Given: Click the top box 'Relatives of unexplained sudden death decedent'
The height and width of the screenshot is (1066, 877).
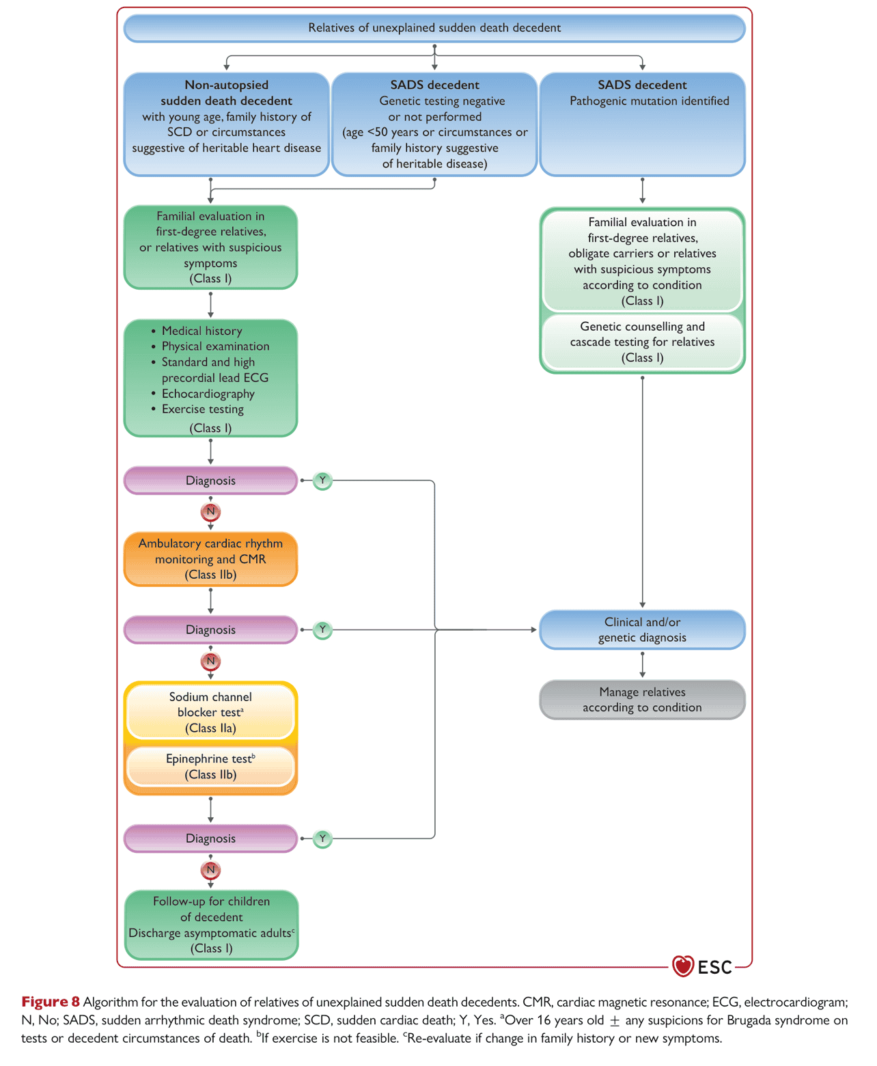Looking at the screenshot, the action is click(x=434, y=28).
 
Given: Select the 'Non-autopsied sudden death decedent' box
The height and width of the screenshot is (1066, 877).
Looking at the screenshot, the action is click(x=226, y=124).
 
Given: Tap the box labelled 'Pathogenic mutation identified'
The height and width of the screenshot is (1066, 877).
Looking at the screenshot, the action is click(x=642, y=124).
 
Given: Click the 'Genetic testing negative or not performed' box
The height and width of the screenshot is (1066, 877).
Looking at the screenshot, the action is click(x=434, y=124).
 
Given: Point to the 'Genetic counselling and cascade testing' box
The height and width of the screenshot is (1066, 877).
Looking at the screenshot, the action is click(x=642, y=342).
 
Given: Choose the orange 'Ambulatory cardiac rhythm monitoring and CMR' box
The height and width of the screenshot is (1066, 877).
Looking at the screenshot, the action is click(x=210, y=558).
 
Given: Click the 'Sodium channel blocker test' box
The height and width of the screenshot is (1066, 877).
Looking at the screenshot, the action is click(x=210, y=711).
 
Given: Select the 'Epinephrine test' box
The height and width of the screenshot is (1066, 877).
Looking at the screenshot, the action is click(x=210, y=766).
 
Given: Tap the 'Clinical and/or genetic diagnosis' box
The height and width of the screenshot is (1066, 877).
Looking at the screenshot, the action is click(x=642, y=629).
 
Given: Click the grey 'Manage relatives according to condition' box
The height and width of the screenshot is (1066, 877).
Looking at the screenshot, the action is click(x=642, y=699).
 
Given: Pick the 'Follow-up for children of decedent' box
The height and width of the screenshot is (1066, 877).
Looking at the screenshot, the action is click(x=211, y=925).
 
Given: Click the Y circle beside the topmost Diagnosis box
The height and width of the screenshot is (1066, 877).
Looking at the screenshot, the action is click(x=322, y=480).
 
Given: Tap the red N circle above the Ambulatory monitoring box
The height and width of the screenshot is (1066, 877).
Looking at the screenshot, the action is click(x=210, y=512).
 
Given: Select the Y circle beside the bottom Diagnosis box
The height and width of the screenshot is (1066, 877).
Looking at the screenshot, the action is click(x=322, y=838).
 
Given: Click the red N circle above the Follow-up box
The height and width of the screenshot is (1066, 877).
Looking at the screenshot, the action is click(x=210, y=870).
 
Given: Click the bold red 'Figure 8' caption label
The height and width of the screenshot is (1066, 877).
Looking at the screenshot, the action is click(x=51, y=1002).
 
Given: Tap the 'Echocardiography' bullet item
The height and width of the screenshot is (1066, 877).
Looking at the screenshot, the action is click(x=208, y=393).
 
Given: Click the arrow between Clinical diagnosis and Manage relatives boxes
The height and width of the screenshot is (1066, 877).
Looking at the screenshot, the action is click(x=642, y=665).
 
